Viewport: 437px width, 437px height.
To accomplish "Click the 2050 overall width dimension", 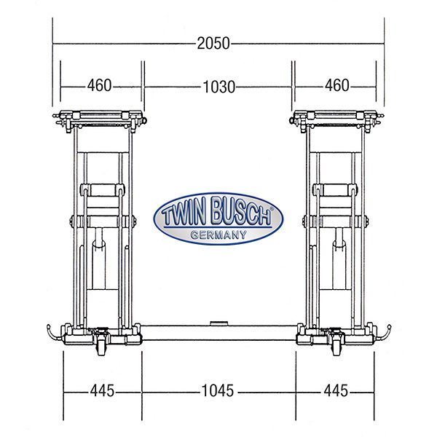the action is coord(213,44).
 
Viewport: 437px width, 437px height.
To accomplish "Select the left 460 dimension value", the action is coord(100,85).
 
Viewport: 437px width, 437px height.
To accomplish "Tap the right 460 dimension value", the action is coord(337,85).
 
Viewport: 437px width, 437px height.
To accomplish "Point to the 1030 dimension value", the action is coord(219,87).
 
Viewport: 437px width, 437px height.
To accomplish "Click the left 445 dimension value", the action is coord(102,390).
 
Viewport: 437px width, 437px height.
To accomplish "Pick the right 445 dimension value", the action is coord(336,390).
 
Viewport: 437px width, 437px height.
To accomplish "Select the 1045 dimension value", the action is coord(218,390).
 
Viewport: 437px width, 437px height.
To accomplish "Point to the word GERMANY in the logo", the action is coord(219,235).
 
